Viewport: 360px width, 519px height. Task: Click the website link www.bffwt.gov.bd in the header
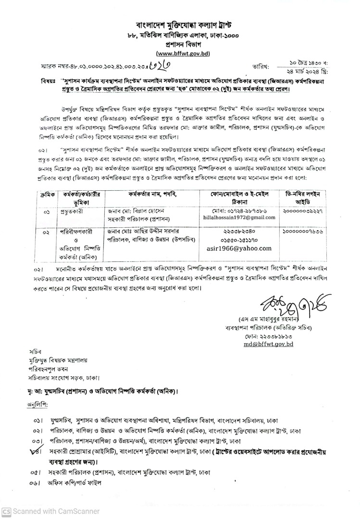[x=183, y=53]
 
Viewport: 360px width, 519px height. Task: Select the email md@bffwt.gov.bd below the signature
[x=268, y=345]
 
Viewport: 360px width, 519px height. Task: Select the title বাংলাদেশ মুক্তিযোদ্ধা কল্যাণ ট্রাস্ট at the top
[x=183, y=25]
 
